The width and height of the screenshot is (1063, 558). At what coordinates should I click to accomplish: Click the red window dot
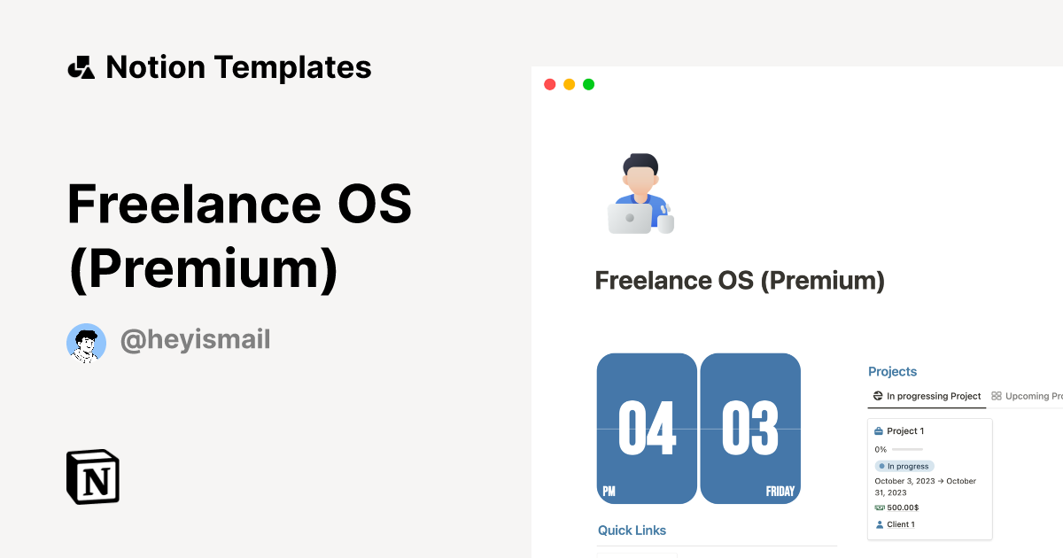(549, 84)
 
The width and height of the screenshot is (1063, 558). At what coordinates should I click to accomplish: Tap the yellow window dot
(569, 84)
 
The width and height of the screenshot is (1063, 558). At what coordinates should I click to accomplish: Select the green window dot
(588, 84)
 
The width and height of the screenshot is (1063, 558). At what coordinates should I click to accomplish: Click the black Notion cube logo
(93, 477)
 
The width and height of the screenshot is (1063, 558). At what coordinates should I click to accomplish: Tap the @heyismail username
(195, 339)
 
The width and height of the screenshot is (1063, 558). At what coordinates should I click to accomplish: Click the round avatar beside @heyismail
(86, 343)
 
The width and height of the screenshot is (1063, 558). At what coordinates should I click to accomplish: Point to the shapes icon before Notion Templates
(81, 67)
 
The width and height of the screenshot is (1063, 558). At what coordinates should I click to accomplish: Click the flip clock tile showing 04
(647, 429)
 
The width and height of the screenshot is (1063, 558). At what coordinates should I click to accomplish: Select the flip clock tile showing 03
(750, 429)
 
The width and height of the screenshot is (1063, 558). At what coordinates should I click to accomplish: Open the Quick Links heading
(632, 531)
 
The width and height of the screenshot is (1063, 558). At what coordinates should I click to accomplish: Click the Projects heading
(892, 372)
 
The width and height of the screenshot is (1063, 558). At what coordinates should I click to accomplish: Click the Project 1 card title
(905, 431)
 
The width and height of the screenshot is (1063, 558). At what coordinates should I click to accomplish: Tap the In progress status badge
(904, 466)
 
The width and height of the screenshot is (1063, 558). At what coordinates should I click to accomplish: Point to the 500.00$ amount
(902, 508)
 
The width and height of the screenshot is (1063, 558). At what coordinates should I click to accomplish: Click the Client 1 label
(900, 524)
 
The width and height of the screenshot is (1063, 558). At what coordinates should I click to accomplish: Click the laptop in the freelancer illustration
(630, 218)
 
